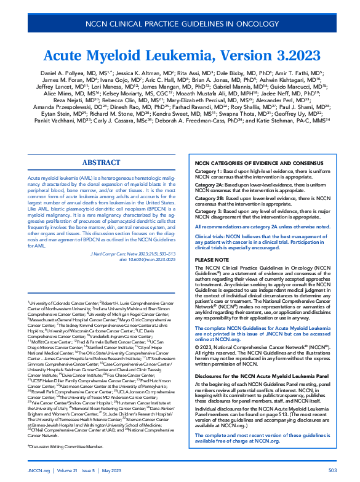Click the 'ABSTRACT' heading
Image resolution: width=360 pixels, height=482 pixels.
tap(101, 162)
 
